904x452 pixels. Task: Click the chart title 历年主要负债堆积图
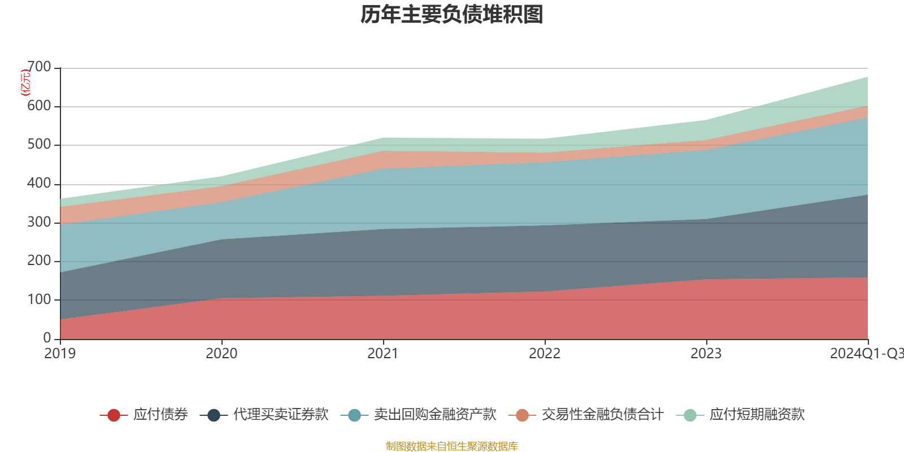452,15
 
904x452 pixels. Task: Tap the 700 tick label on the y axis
39,67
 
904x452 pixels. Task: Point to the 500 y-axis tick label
39,145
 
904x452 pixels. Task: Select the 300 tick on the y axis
39,222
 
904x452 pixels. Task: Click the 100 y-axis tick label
39,299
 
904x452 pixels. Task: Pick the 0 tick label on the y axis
47,338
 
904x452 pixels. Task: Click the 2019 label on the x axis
60,354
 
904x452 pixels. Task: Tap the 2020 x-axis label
221,354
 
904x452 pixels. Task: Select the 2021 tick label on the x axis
383,354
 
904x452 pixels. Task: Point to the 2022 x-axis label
545,354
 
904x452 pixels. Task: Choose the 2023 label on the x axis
706,354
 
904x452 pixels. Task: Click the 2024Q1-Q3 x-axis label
866,354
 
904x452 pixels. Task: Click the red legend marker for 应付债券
114,415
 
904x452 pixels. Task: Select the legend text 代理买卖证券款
281,415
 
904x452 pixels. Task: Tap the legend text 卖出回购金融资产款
435,415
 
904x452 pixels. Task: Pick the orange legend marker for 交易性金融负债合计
522,415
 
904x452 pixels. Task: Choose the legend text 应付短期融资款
757,415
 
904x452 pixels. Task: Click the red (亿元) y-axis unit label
25,82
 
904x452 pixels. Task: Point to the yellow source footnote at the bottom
452,446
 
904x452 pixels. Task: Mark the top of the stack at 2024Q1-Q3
868,77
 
